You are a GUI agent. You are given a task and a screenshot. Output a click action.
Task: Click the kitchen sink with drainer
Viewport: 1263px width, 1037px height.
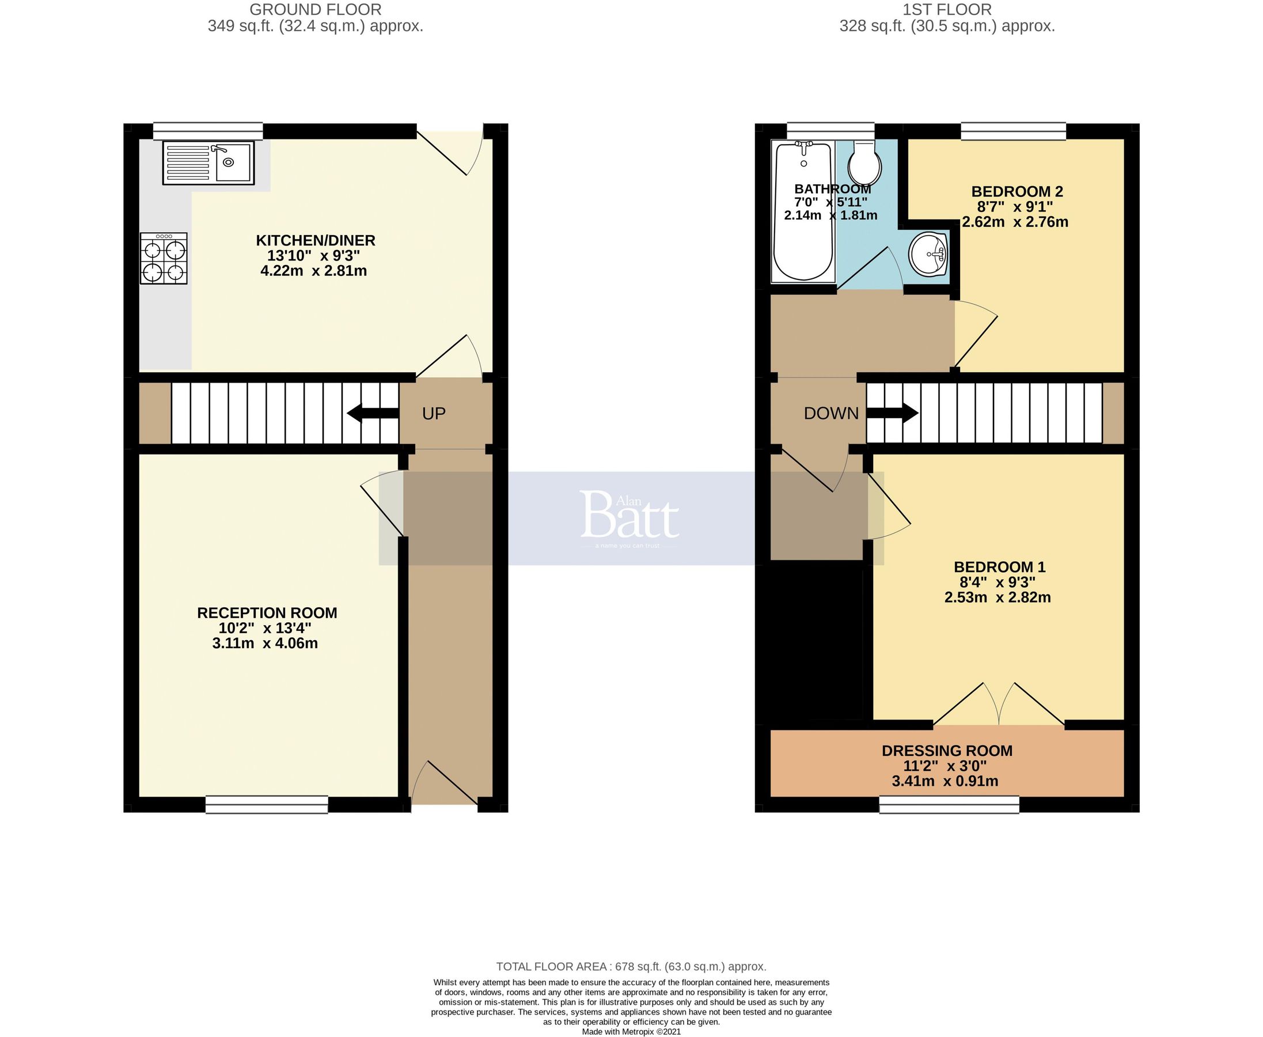[208, 162]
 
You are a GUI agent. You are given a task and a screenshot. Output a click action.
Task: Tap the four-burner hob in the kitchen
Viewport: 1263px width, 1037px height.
[164, 258]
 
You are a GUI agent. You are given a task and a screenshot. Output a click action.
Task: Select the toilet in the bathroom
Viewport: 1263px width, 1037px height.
[864, 164]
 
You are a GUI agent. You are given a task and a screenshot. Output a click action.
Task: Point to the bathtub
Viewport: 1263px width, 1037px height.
[803, 212]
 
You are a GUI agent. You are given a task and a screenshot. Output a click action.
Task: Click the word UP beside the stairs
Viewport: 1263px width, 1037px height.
[434, 414]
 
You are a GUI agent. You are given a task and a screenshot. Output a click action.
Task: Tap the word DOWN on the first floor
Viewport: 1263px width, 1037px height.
[830, 414]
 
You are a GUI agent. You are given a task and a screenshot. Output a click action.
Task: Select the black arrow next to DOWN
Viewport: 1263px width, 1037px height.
[893, 414]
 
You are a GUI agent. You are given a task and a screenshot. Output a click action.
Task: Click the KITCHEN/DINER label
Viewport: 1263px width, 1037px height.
[315, 241]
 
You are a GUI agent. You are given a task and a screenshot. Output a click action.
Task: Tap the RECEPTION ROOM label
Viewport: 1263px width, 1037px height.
[267, 613]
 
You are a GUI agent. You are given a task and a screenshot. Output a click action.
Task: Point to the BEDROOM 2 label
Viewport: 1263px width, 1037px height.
[1017, 192]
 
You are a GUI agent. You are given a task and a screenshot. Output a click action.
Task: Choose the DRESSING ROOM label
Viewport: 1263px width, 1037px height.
[946, 751]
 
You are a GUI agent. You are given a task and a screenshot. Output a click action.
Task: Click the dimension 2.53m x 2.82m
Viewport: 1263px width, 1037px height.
[997, 597]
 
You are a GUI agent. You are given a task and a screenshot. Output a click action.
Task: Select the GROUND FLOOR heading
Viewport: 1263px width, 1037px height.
[315, 10]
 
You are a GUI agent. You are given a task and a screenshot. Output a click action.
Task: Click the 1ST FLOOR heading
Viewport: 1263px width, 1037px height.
[946, 10]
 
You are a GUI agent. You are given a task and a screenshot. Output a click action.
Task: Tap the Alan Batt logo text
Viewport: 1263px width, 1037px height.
[629, 515]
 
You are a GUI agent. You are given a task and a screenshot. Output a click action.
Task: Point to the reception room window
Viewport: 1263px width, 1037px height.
[267, 805]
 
